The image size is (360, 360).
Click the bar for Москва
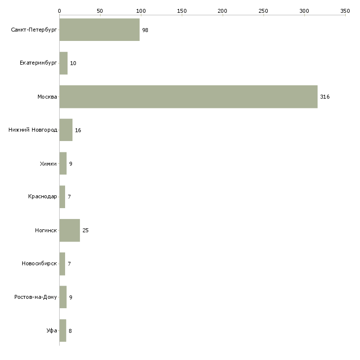[x=188, y=97]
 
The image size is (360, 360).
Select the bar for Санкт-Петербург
[x=99, y=30]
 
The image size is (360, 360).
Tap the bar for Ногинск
[x=70, y=230]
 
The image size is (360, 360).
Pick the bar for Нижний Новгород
[x=66, y=130]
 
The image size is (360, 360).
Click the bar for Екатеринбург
[x=63, y=63]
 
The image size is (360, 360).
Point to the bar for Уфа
[x=63, y=331]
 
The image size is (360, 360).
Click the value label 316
[x=324, y=97]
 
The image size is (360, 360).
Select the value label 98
[x=145, y=30]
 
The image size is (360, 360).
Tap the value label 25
[x=85, y=230]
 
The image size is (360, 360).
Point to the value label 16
[x=78, y=130]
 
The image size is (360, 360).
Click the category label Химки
[x=48, y=164]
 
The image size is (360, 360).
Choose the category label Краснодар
[x=42, y=197]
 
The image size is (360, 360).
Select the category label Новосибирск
[x=39, y=264]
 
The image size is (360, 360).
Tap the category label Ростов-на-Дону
[x=36, y=297]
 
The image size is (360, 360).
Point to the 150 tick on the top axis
[x=181, y=10]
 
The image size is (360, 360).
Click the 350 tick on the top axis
[x=345, y=10]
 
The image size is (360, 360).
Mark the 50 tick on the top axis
[x=100, y=10]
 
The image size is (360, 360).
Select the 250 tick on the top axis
[x=263, y=10]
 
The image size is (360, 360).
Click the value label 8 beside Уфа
[x=70, y=331]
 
